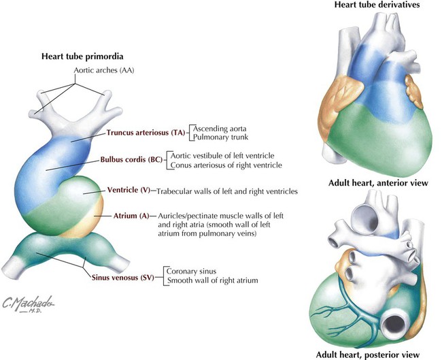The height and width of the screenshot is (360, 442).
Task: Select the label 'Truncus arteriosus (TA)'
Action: tap(146, 133)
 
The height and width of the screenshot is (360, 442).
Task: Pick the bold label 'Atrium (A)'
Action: tap(126, 216)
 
